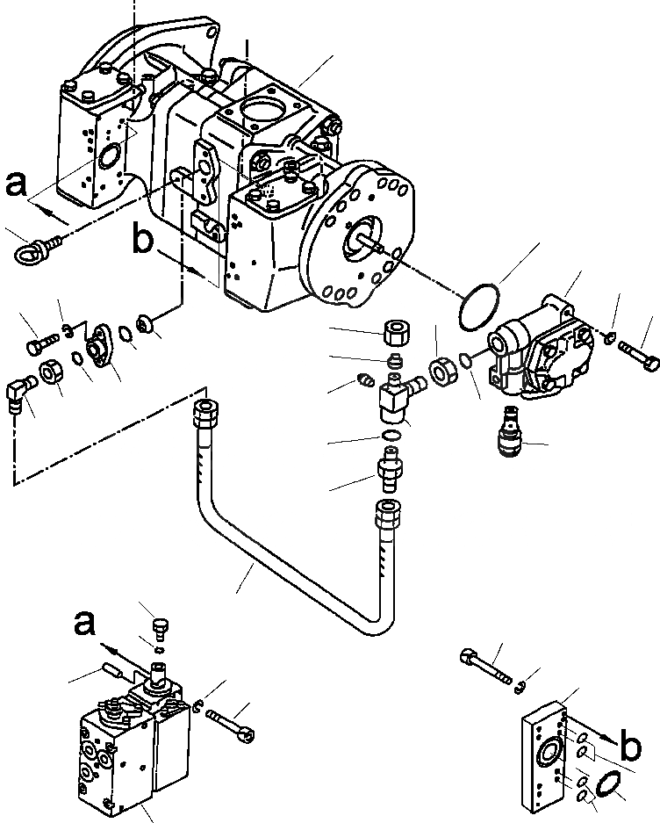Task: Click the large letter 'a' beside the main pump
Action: (17, 186)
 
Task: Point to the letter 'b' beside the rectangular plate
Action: (628, 747)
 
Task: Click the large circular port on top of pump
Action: (261, 116)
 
